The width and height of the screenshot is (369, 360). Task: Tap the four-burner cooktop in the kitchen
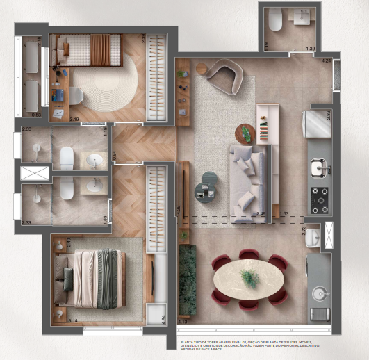[320, 199]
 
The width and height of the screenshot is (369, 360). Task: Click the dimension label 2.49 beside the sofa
[261, 214]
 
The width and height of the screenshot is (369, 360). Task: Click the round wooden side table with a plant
[246, 132]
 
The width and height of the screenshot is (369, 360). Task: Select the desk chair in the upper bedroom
[76, 95]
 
